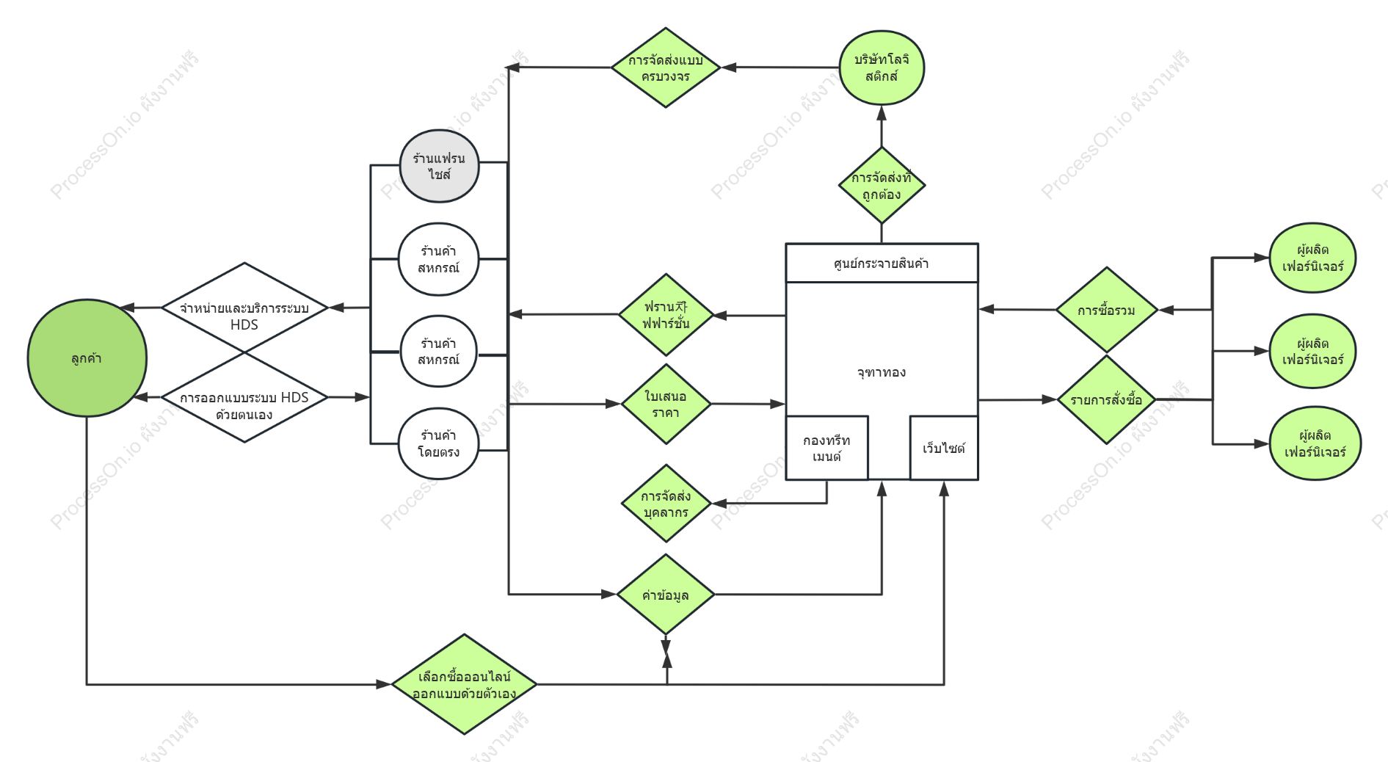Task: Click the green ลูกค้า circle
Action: (x=87, y=358)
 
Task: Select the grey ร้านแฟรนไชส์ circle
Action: (x=439, y=167)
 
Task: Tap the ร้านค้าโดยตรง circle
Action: (x=438, y=443)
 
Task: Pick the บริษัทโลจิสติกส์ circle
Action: (x=882, y=68)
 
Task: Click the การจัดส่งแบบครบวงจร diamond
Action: (x=666, y=68)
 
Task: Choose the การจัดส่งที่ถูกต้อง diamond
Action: (x=882, y=185)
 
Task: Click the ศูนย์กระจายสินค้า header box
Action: (x=882, y=263)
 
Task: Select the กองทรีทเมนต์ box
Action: (x=826, y=448)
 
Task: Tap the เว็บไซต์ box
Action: (x=944, y=448)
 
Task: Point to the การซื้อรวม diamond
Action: (x=1106, y=311)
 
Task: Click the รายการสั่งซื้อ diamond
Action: (x=1106, y=400)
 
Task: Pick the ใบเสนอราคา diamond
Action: (x=666, y=404)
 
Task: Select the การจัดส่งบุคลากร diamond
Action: (x=666, y=504)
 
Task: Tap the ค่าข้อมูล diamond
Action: (x=666, y=595)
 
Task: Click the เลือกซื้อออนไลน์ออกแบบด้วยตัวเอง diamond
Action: (x=464, y=684)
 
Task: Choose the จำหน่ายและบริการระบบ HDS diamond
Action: (x=244, y=308)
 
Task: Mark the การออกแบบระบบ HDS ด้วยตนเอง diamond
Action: (x=244, y=397)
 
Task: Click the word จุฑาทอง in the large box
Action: (x=882, y=372)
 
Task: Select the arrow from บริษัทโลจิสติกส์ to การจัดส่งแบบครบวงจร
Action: (x=780, y=68)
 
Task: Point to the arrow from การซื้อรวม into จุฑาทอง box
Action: (x=1017, y=310)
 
